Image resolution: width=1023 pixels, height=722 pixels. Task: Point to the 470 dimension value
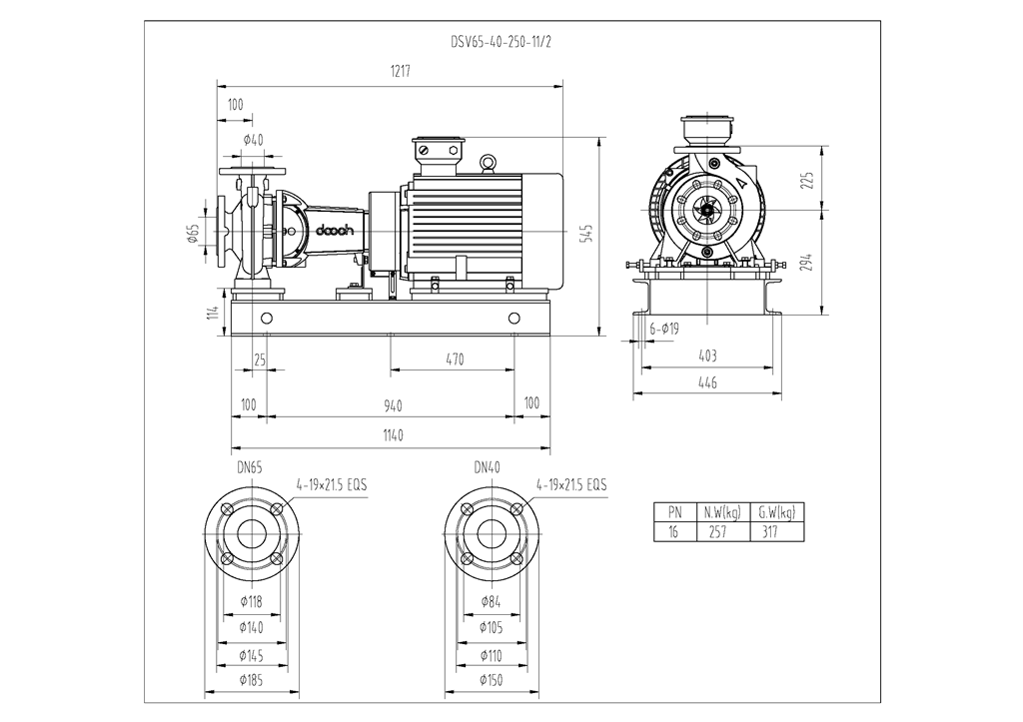pos(455,360)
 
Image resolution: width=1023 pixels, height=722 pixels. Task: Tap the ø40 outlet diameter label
pos(252,140)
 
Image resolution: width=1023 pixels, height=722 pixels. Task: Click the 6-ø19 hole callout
pos(664,328)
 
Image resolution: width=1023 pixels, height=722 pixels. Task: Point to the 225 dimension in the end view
pos(807,179)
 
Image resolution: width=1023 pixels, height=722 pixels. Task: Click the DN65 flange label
pos(250,466)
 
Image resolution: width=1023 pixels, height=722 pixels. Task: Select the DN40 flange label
pos(489,466)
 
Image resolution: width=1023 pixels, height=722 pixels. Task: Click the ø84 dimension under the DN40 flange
pos(490,601)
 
